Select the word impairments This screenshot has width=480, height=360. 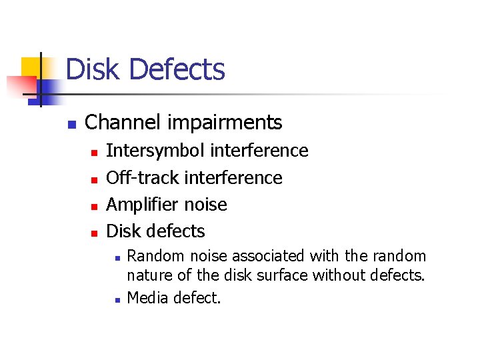tap(226, 123)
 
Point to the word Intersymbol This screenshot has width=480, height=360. tap(155, 151)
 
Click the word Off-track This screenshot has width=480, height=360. tap(142, 178)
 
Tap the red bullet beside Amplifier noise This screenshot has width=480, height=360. tap(94, 207)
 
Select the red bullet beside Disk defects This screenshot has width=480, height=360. tap(94, 233)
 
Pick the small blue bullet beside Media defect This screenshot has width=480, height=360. tap(116, 299)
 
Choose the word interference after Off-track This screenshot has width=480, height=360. tap(233, 178)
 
